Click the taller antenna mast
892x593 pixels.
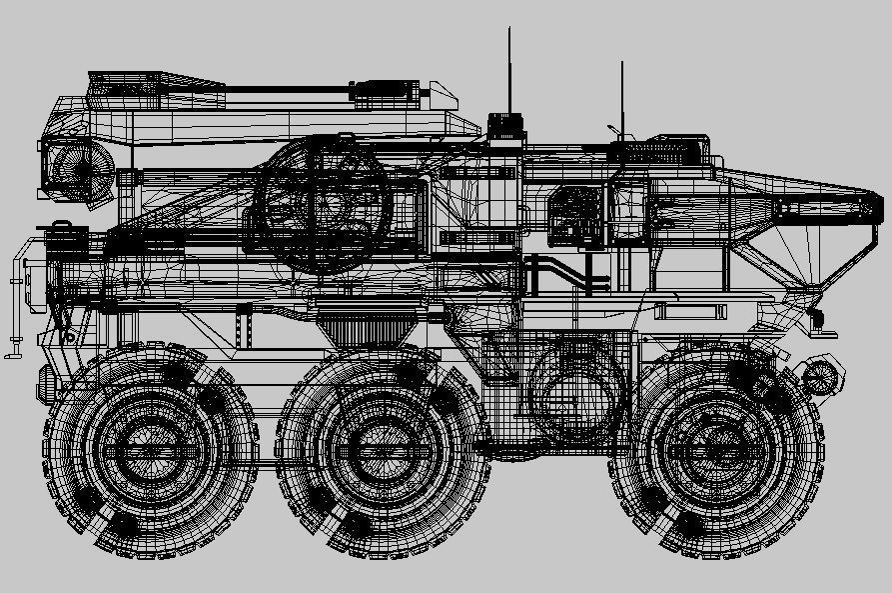(509, 70)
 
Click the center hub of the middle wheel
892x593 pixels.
(381, 452)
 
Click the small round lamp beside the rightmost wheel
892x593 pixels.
(820, 377)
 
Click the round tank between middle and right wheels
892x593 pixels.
(576, 391)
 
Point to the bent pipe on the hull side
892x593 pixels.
(559, 272)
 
